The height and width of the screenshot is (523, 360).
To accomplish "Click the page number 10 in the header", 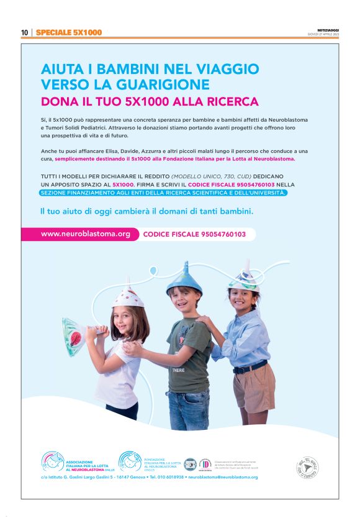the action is pyautogui.click(x=24, y=32).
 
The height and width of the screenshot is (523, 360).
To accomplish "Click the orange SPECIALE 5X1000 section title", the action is pyautogui.click(x=69, y=32).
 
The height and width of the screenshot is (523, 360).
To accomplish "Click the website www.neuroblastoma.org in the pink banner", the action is pyautogui.click(x=86, y=234).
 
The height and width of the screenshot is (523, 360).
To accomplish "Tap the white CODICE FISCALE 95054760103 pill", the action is pyautogui.click(x=194, y=235).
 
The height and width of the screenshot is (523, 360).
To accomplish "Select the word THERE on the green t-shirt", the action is pyautogui.click(x=178, y=370).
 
